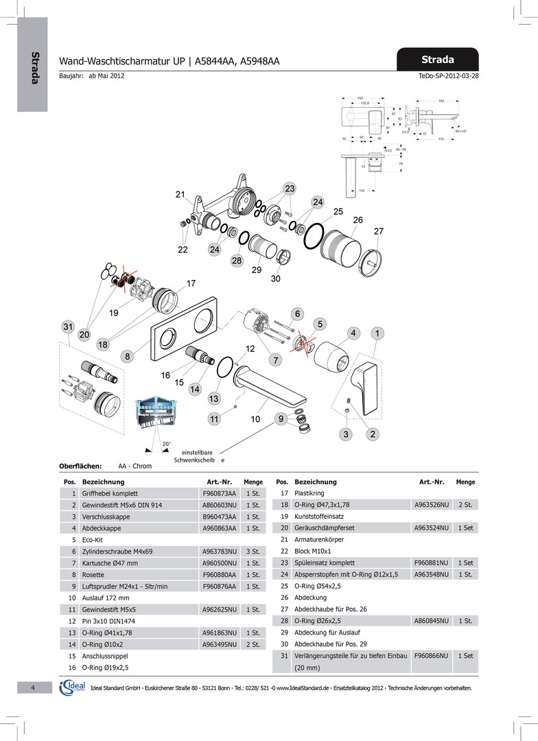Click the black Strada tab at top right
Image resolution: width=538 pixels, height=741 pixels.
[x=437, y=59]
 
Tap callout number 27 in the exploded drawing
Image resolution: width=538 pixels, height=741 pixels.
[x=379, y=231]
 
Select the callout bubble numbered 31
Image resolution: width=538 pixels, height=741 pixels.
[x=67, y=327]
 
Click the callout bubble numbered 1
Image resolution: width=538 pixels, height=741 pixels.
[x=377, y=333]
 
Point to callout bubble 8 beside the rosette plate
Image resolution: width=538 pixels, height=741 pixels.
[x=128, y=357]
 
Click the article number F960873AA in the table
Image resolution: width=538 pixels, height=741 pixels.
[x=219, y=493]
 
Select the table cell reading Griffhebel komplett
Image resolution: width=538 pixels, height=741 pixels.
[x=110, y=493]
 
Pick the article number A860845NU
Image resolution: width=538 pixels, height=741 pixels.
[x=432, y=621]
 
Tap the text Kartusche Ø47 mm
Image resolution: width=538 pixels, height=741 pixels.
[x=110, y=563]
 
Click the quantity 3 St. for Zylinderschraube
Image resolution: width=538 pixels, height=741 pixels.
[x=253, y=552]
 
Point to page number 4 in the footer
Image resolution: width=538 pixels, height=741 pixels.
[x=32, y=688]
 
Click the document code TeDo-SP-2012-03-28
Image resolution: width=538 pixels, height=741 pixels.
[x=448, y=75]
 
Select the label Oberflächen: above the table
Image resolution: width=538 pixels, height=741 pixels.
[x=80, y=466]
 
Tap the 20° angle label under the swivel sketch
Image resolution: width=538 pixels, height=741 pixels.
[x=166, y=444]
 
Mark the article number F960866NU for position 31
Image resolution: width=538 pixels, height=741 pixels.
[x=432, y=656]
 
